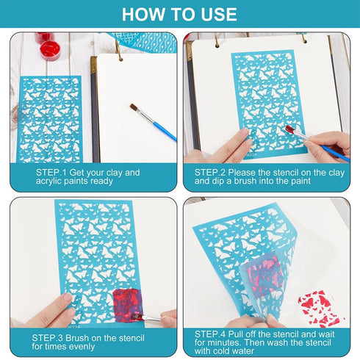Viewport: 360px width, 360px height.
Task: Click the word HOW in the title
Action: pos(140,15)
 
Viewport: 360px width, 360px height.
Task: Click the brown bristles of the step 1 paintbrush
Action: pos(134,108)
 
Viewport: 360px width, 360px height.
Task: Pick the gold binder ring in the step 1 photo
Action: pos(118,51)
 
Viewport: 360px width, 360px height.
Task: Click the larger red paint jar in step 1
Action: pos(50,50)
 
